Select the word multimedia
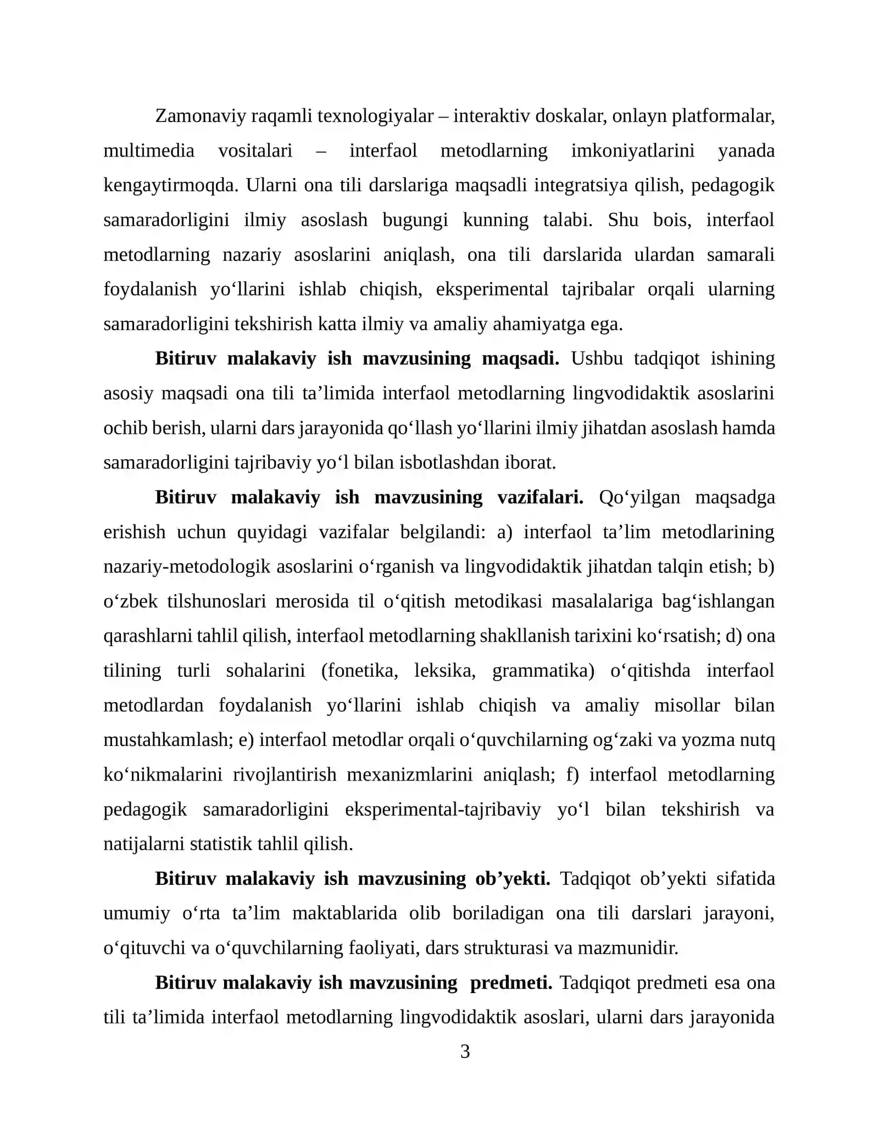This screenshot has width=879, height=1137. point(149,151)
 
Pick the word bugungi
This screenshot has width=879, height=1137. point(415,220)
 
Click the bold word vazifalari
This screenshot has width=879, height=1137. point(540,497)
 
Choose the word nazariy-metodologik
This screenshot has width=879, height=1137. point(187,566)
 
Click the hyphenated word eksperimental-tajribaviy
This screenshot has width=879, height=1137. point(443,809)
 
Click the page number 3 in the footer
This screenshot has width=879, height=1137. point(465,1051)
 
